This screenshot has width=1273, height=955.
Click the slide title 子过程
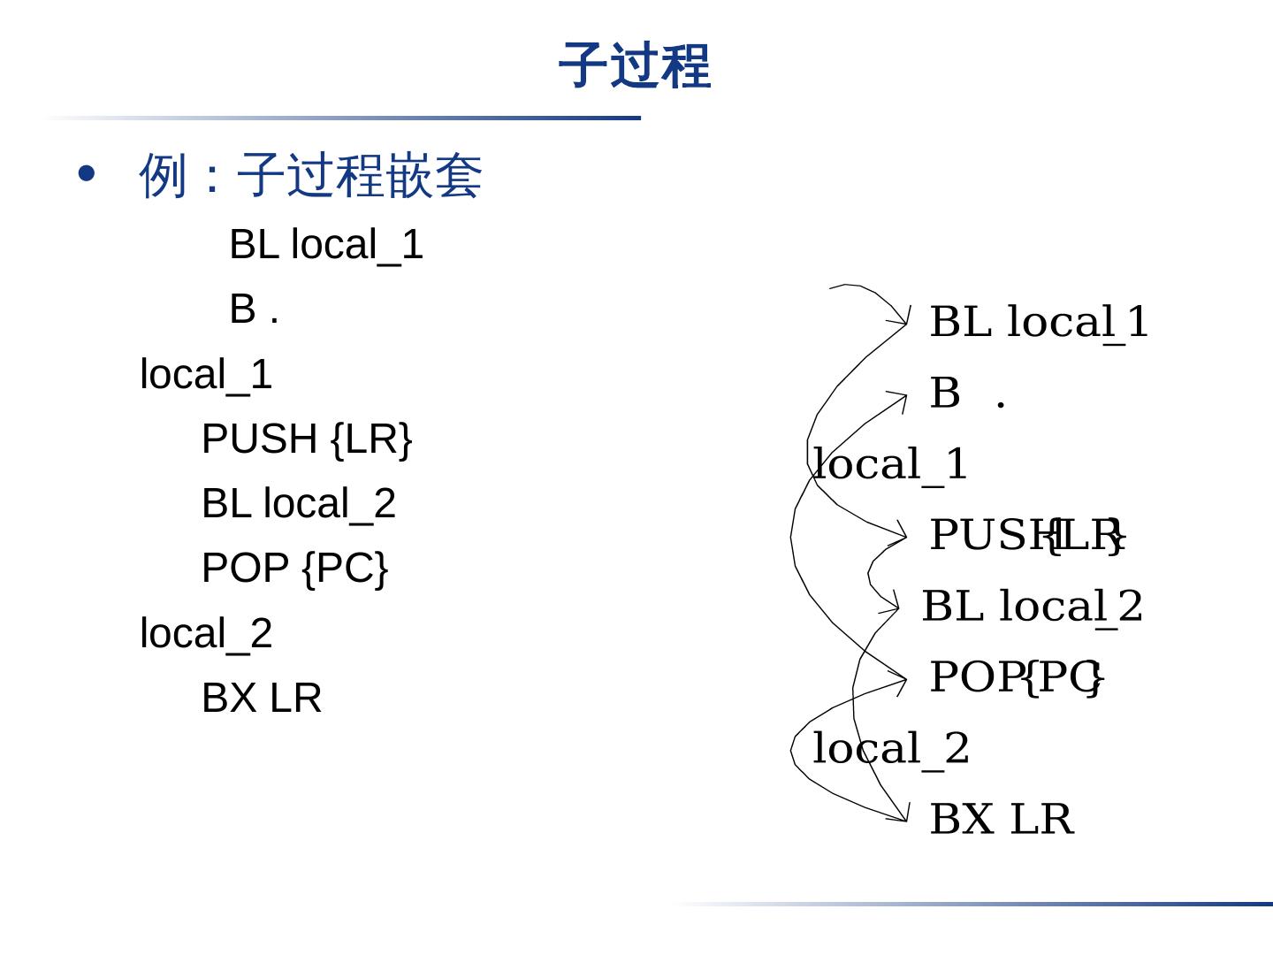[635, 66]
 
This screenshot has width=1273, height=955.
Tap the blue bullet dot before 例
[87, 173]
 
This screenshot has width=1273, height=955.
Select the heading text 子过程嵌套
[359, 175]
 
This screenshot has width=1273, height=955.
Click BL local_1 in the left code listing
[326, 245]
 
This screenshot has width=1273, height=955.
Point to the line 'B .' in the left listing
[255, 309]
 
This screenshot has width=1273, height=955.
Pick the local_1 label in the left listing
[206, 375]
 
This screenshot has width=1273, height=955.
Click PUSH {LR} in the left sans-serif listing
[307, 439]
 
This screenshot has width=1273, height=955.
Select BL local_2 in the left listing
[299, 504]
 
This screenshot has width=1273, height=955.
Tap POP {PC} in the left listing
[294, 569]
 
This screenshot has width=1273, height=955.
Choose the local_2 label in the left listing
[206, 634]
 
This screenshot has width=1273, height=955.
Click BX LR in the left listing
[262, 699]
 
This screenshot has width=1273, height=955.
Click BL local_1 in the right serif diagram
[1039, 322]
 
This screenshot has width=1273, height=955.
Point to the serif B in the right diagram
[945, 393]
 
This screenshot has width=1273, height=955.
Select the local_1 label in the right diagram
[890, 464]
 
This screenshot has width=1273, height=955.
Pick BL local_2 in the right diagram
[1033, 607]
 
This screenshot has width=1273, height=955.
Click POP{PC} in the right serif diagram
[1017, 677]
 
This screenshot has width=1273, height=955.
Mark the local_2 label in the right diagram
[890, 749]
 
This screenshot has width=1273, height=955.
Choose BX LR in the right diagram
[1002, 820]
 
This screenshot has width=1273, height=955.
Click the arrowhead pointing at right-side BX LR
[903, 814]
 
